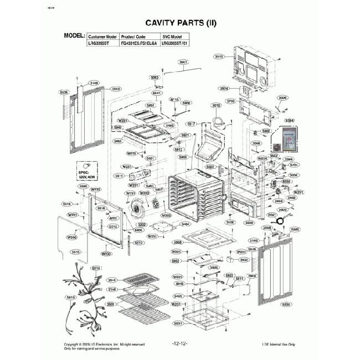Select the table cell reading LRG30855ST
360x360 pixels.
[x=99, y=42]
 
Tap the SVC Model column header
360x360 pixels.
[x=171, y=35]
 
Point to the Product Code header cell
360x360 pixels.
[x=133, y=35]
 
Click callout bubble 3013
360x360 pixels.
[x=219, y=56]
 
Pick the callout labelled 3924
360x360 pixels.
[x=224, y=89]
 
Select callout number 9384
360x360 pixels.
[x=289, y=120]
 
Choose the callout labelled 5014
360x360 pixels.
[x=96, y=268]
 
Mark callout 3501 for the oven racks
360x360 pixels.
[x=111, y=305]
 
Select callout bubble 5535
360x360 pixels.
[x=286, y=304]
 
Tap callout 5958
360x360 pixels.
[x=177, y=243]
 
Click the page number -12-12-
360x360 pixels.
[x=180, y=344]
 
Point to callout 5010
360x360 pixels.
[x=216, y=105]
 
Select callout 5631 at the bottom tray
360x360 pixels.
[x=178, y=323]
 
